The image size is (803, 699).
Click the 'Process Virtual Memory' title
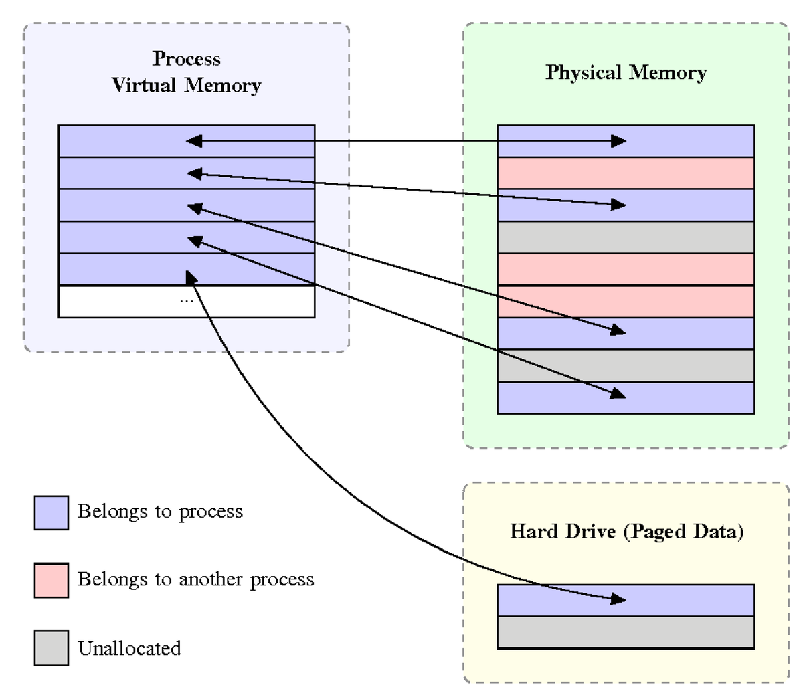coord(186,72)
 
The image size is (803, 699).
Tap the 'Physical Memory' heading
coord(626,72)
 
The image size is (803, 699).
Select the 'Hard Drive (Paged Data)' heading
coord(626,532)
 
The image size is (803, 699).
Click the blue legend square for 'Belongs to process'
coord(52,513)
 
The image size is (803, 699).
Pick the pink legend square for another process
coord(52,580)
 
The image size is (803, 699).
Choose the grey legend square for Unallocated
coord(52,648)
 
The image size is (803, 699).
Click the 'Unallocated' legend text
coord(129,648)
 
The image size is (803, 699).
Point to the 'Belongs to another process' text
coord(195,579)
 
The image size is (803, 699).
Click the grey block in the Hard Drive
coord(626,633)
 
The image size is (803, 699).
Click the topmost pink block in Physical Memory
coord(626,173)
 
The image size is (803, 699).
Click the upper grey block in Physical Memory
coord(626,237)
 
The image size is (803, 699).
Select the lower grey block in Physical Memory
coord(626,366)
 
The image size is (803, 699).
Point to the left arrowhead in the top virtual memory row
coord(193,141)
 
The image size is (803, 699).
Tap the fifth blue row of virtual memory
coord(254,270)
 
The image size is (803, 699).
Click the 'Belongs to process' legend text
coord(160,512)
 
